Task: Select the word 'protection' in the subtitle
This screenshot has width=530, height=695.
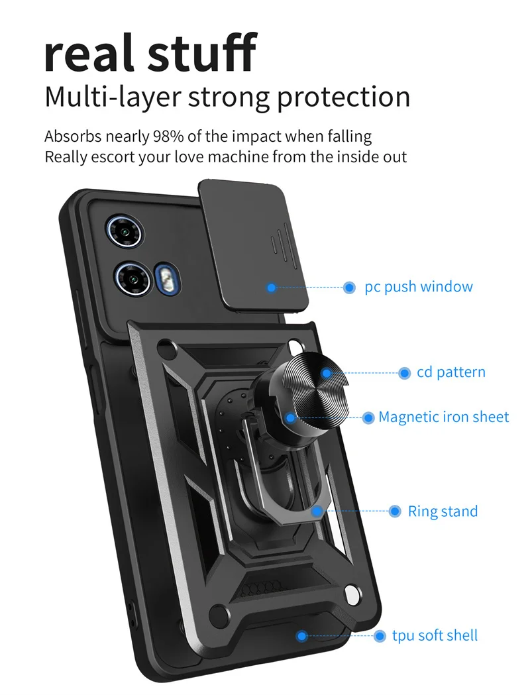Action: tap(343, 97)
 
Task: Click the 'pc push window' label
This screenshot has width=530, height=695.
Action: tap(419, 288)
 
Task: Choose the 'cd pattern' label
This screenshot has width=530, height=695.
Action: tap(451, 373)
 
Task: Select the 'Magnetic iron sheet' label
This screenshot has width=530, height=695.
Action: tap(444, 417)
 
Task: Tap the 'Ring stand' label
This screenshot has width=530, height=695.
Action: tap(443, 511)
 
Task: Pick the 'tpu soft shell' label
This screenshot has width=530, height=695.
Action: tap(435, 636)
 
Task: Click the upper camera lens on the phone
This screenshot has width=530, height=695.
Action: tap(123, 231)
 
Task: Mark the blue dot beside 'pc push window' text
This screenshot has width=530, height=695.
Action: tap(350, 288)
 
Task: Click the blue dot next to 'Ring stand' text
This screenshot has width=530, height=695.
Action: tap(396, 511)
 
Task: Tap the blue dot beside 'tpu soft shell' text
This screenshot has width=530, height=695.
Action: tap(380, 636)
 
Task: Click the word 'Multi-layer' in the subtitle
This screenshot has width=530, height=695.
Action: tap(113, 97)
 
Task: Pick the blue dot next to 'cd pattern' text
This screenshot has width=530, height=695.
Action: tap(404, 374)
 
